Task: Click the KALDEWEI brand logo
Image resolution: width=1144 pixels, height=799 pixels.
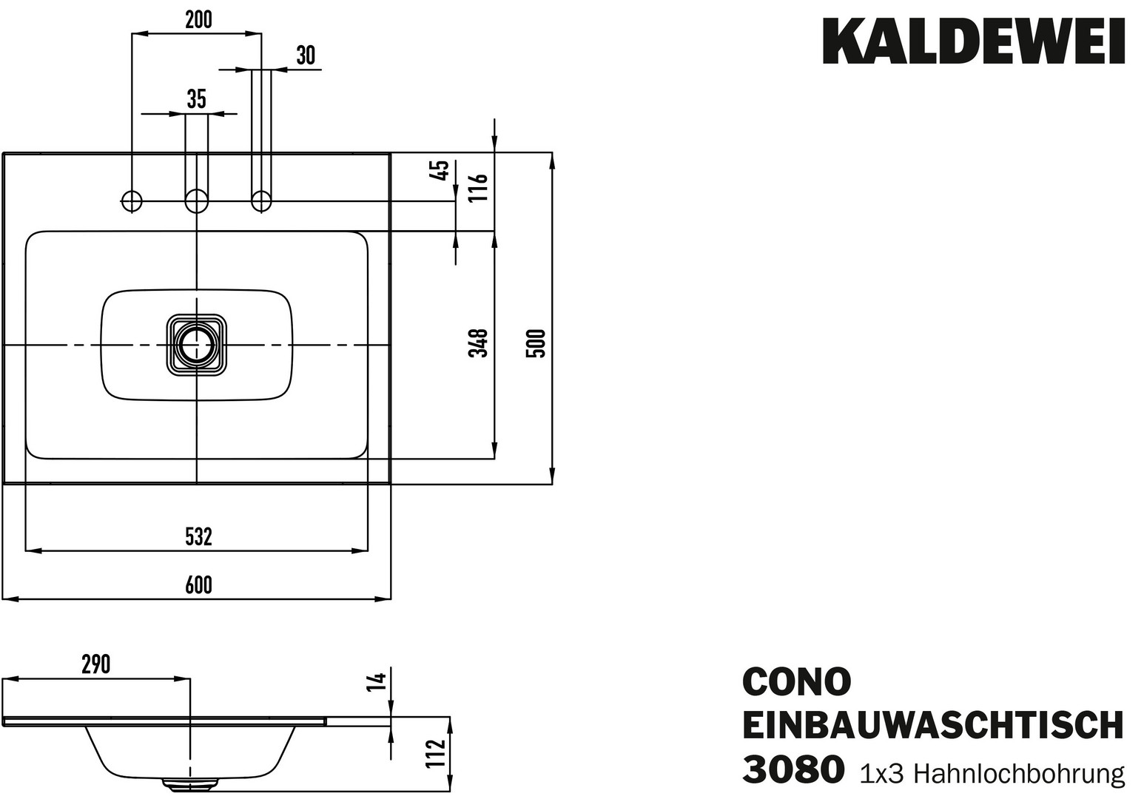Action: [974, 41]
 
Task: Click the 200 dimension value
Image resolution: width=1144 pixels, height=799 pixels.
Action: [198, 20]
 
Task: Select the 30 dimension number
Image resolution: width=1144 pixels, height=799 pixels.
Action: [305, 55]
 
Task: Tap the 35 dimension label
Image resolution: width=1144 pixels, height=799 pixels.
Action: [196, 99]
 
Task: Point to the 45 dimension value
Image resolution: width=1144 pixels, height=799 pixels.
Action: [440, 170]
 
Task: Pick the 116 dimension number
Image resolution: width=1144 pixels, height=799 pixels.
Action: [480, 188]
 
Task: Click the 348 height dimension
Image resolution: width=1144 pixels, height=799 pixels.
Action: [480, 343]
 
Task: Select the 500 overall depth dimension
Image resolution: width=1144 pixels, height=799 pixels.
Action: [536, 343]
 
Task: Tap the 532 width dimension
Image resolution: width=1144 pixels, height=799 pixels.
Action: [198, 536]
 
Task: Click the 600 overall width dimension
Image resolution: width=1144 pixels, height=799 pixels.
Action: [198, 585]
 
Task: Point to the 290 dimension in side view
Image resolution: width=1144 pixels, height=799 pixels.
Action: [95, 664]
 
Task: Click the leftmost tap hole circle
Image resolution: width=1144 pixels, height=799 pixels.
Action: [131, 200]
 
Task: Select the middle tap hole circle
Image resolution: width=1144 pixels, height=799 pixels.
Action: [196, 200]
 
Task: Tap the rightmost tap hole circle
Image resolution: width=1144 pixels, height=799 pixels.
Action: [261, 200]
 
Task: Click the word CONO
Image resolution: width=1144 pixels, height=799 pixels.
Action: [796, 681]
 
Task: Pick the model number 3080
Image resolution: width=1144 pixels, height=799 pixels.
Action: [792, 769]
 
